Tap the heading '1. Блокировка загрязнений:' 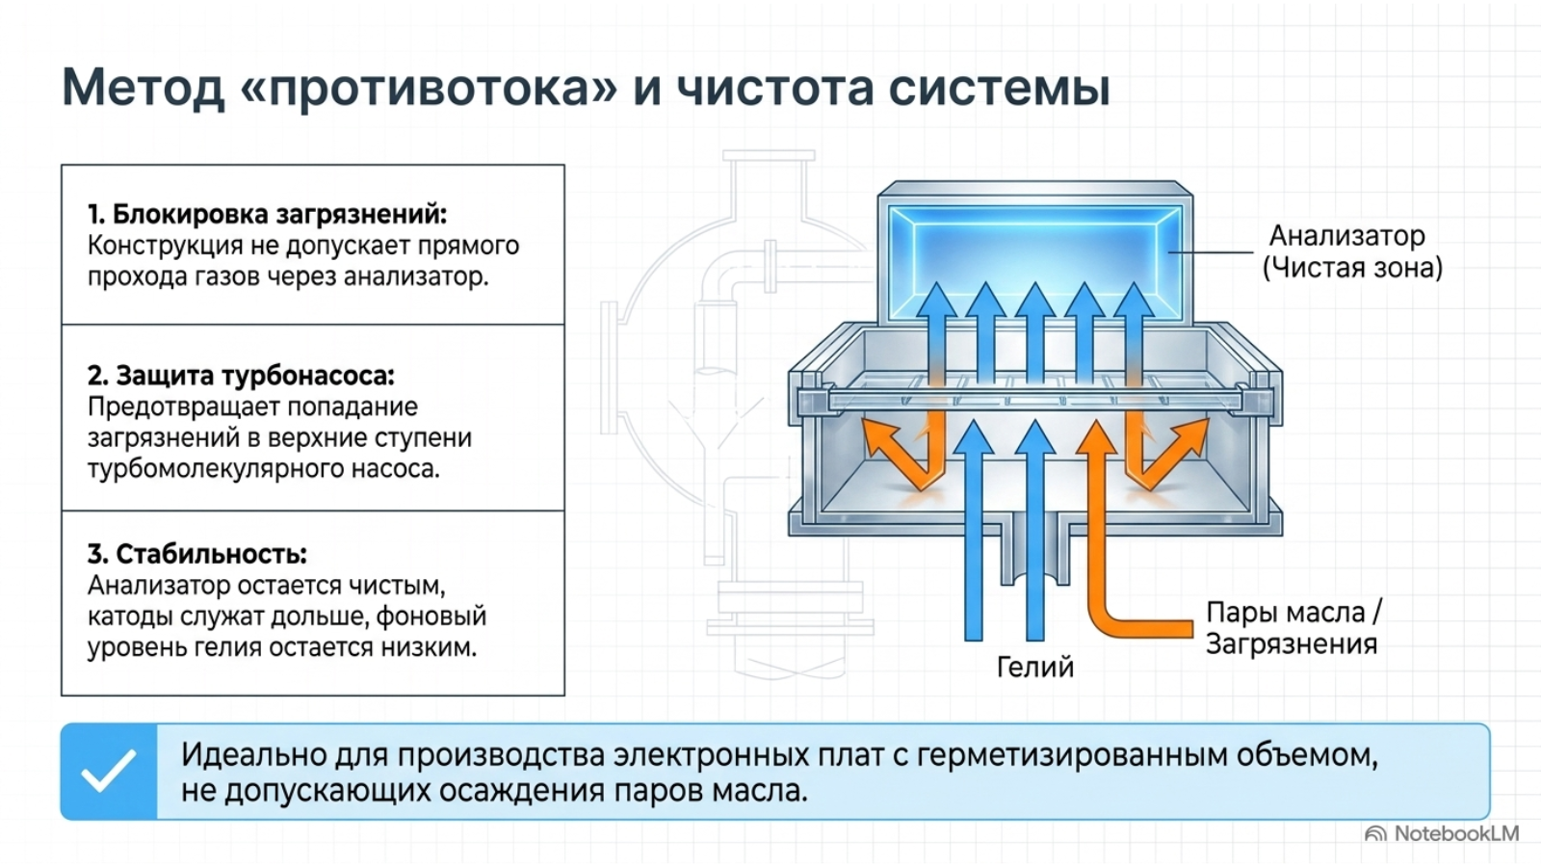click(267, 214)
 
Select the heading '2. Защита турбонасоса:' click(241, 375)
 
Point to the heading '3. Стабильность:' click(196, 553)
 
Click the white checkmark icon click(109, 771)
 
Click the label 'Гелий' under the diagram click(1034, 667)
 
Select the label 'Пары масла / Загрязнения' click(1293, 628)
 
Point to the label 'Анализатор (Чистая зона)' click(1352, 251)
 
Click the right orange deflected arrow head click(1188, 435)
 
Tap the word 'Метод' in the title click(144, 88)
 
